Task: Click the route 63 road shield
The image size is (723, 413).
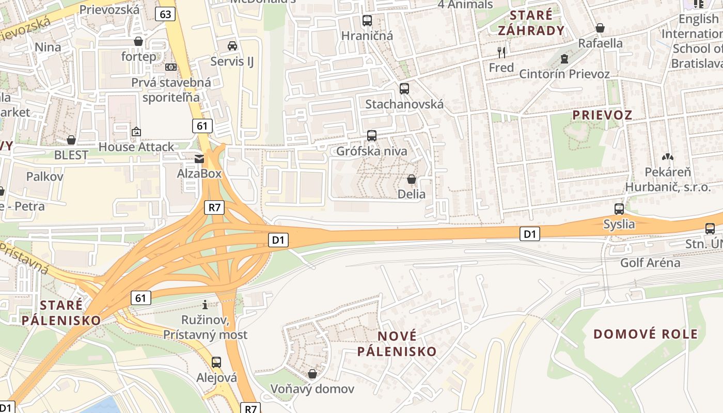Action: point(165,14)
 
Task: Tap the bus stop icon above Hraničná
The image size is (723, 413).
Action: point(367,21)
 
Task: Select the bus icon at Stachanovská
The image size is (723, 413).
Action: point(404,88)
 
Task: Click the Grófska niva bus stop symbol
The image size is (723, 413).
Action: point(371,136)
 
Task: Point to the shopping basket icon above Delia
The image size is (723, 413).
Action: point(412,179)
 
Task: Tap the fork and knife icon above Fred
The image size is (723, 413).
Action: point(501,52)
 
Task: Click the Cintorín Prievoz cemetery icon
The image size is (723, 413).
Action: point(564,59)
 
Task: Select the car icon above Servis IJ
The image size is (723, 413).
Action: point(232,46)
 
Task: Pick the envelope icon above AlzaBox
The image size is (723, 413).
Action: point(199,158)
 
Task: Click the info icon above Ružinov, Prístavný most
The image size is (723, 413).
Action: point(205,305)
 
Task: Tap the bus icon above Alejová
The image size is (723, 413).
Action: point(216,362)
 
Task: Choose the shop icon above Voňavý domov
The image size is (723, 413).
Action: point(312,373)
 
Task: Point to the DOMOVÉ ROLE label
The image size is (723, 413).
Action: point(646,334)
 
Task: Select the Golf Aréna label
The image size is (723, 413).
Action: point(650,263)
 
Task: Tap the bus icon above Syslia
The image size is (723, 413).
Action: point(619,209)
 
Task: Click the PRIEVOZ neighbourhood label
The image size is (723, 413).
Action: point(602,115)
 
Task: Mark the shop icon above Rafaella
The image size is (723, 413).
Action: point(600,28)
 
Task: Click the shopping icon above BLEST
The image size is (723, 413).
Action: point(71,140)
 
